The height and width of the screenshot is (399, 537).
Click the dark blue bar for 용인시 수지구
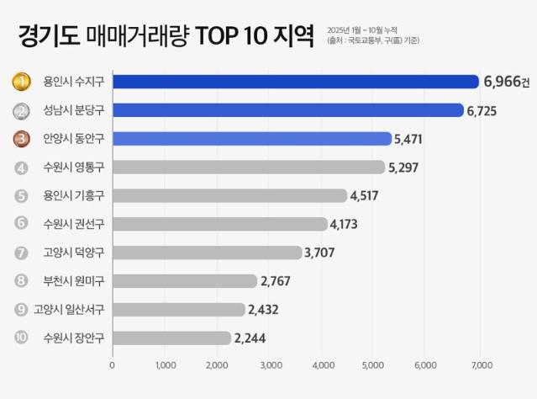click(294, 82)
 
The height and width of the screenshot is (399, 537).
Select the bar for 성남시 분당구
click(287, 110)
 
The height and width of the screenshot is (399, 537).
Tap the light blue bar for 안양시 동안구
click(251, 139)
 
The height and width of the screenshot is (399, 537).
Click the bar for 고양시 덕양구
click(206, 253)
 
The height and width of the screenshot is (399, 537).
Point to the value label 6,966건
click(507, 82)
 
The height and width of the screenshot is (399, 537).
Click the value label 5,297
click(403, 168)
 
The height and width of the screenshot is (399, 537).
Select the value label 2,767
click(276, 281)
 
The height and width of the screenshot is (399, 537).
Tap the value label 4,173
click(345, 224)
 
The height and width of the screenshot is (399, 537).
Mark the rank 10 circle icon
click(21, 338)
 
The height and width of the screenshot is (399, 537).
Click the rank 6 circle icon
click(21, 224)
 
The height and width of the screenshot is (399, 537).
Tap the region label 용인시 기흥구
click(74, 196)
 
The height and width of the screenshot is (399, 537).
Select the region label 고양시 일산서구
click(69, 310)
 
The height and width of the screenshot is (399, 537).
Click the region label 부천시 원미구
click(74, 281)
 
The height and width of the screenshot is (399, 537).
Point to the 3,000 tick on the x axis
click(271, 366)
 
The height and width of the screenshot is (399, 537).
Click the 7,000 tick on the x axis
click(480, 366)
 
